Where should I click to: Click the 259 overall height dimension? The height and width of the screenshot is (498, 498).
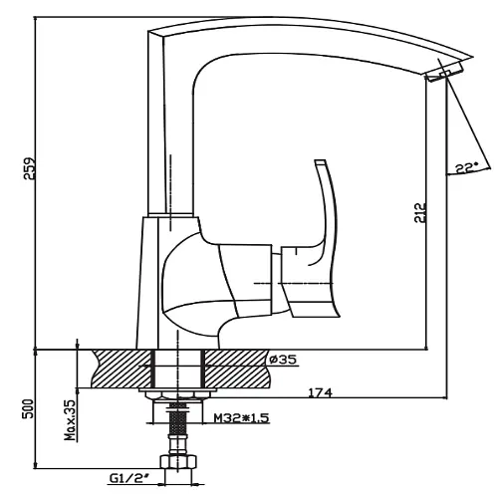(x=29, y=168)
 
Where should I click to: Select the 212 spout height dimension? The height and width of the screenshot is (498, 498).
(x=420, y=213)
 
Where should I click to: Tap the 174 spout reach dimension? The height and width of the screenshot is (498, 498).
(x=321, y=392)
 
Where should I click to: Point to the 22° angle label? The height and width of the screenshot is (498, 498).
(x=466, y=167)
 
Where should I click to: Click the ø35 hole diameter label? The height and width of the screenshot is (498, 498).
(x=283, y=360)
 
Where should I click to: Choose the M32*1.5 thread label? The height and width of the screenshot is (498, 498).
(x=241, y=418)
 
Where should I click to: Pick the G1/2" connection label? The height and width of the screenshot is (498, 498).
(x=128, y=478)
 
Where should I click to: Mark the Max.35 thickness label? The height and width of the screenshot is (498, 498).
(x=70, y=420)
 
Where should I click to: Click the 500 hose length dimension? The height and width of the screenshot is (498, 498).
(x=29, y=408)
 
